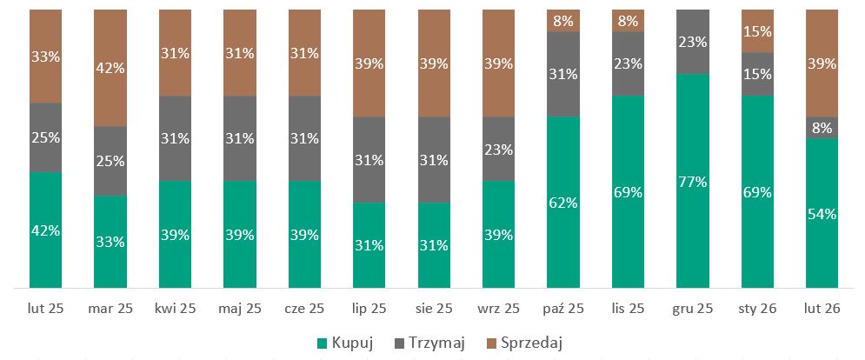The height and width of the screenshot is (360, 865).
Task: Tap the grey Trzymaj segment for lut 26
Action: click(822, 128)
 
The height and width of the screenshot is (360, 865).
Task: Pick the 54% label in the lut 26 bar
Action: click(822, 214)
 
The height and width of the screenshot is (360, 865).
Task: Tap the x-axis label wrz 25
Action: click(500, 308)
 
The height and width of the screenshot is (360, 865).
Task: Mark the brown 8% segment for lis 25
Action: click(629, 20)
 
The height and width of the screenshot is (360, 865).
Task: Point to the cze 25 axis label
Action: click(306, 308)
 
